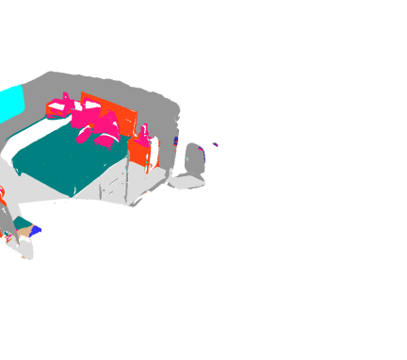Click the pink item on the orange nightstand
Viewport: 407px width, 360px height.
(143, 131)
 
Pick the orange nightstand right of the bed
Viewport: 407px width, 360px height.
(139, 154)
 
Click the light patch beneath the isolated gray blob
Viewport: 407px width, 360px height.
(187, 183)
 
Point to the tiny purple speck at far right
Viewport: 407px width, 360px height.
(215, 144)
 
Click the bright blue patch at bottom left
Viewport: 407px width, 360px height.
(36, 230)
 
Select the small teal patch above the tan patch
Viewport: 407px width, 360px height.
(21, 222)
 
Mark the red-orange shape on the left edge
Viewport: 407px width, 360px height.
(2, 195)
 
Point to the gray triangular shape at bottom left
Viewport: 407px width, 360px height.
(7, 220)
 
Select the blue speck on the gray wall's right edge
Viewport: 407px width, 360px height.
(176, 141)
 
